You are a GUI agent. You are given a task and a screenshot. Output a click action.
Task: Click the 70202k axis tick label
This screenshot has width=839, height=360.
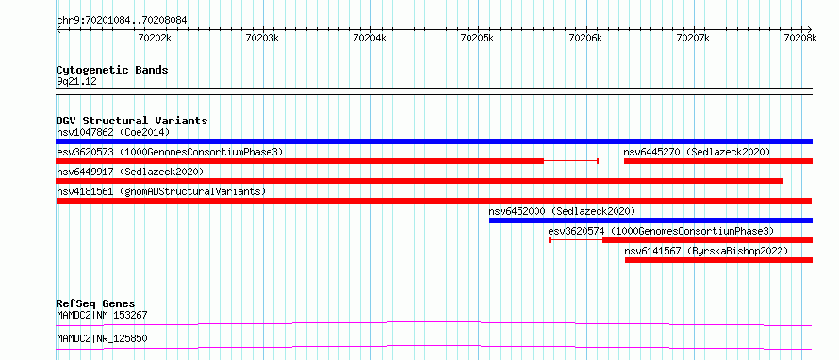155,38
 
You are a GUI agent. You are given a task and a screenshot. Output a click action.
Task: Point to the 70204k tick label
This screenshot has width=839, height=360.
370,38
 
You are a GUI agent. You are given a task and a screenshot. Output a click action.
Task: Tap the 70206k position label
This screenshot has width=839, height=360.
585,38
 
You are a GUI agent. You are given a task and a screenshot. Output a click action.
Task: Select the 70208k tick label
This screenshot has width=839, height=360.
800,38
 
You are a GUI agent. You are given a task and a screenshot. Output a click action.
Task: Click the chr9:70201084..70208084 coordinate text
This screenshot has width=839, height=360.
122,21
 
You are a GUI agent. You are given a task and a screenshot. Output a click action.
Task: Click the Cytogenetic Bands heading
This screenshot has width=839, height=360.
112,70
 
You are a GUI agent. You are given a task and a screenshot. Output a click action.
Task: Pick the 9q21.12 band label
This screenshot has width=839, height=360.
76,82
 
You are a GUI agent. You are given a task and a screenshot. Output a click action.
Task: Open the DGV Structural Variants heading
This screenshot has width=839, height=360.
132,121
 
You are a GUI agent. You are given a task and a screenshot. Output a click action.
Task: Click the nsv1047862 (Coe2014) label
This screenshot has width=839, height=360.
113,132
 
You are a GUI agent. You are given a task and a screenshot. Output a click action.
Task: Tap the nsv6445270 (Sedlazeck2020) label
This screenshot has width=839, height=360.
698,153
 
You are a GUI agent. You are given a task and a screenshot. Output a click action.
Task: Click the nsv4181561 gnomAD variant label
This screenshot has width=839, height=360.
161,191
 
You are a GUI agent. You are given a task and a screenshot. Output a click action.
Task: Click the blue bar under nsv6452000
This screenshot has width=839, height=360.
650,221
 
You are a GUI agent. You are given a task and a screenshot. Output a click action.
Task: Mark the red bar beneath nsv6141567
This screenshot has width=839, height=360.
718,260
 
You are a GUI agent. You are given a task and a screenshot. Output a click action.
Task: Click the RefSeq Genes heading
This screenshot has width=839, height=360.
96,303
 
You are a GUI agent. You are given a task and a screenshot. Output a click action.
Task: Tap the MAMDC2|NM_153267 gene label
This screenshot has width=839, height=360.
102,316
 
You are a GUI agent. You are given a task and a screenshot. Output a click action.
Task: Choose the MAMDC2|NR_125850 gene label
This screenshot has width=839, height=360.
102,339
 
